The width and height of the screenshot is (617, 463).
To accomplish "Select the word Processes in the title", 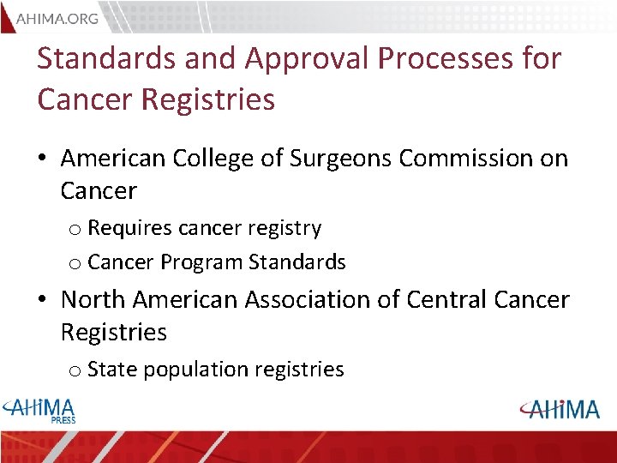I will click(455, 59).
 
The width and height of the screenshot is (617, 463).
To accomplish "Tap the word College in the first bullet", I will click(214, 159).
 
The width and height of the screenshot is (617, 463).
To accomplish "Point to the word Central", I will click(447, 300).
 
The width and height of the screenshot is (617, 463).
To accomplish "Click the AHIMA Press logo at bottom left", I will click(41, 410).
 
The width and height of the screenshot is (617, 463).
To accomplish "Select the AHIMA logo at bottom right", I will click(558, 409).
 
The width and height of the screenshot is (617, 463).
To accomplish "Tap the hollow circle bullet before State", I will click(75, 371).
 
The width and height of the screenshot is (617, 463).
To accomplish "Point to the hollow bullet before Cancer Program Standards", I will click(75, 263).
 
